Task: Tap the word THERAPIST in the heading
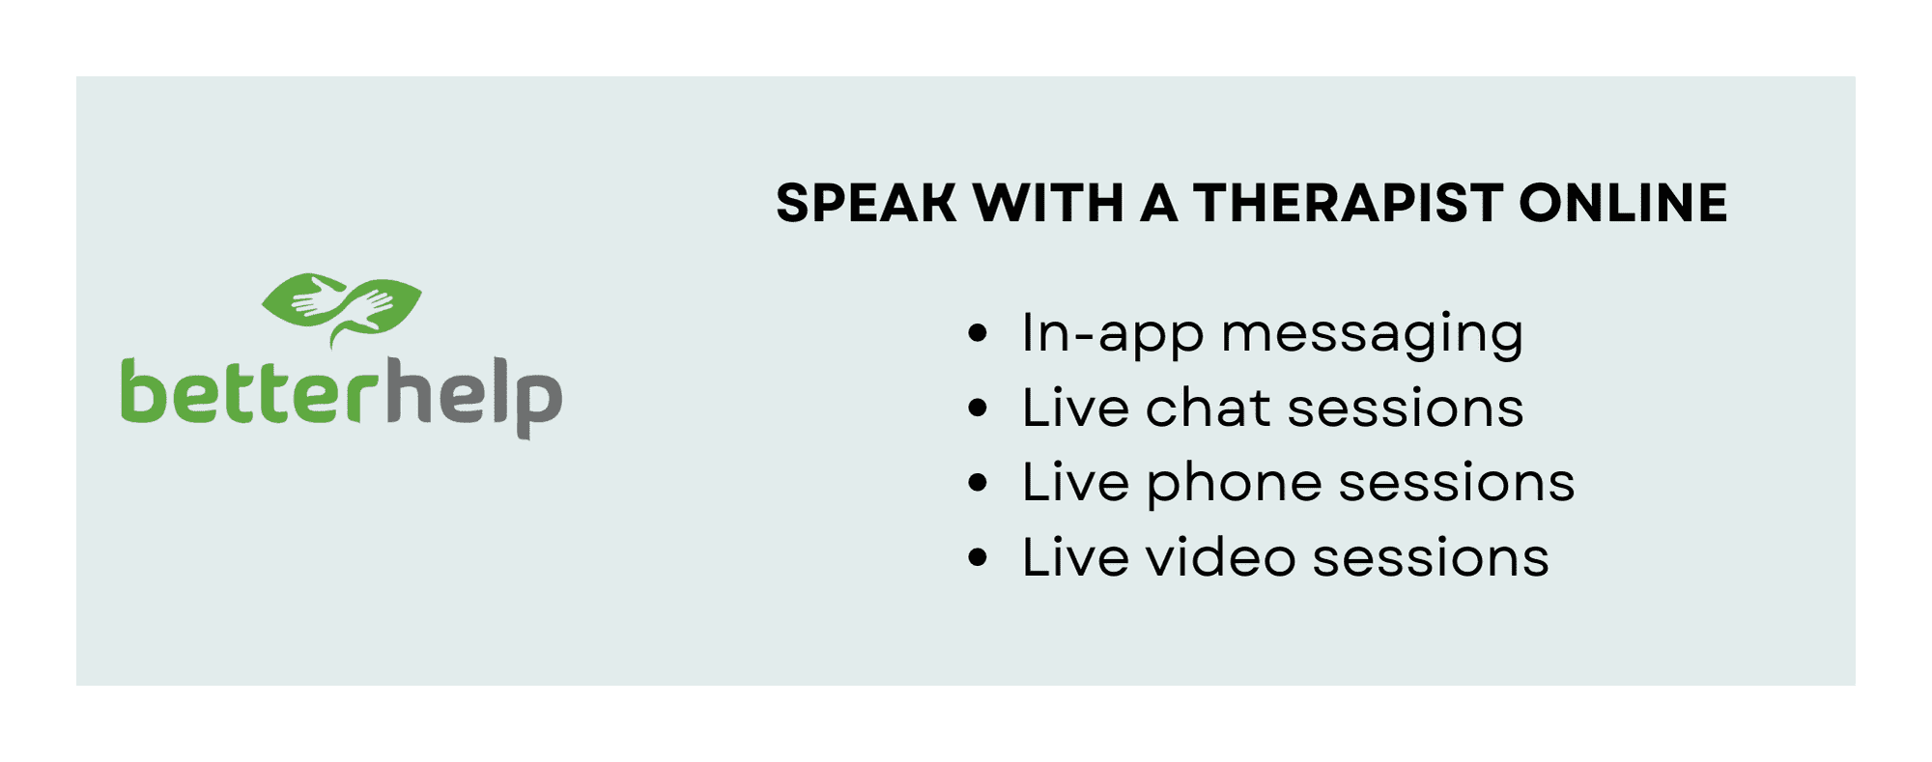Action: [1348, 203]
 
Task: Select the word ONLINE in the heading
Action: [1623, 203]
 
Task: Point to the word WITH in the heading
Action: [1048, 203]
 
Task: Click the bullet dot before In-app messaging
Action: [978, 333]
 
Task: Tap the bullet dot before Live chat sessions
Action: [978, 408]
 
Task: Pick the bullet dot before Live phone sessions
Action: [978, 482]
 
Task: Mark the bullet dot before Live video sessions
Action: [978, 557]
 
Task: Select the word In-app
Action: [1113, 335]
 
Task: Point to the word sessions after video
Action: [1431, 558]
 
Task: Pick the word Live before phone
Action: [1075, 482]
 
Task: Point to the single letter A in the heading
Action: [1159, 203]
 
